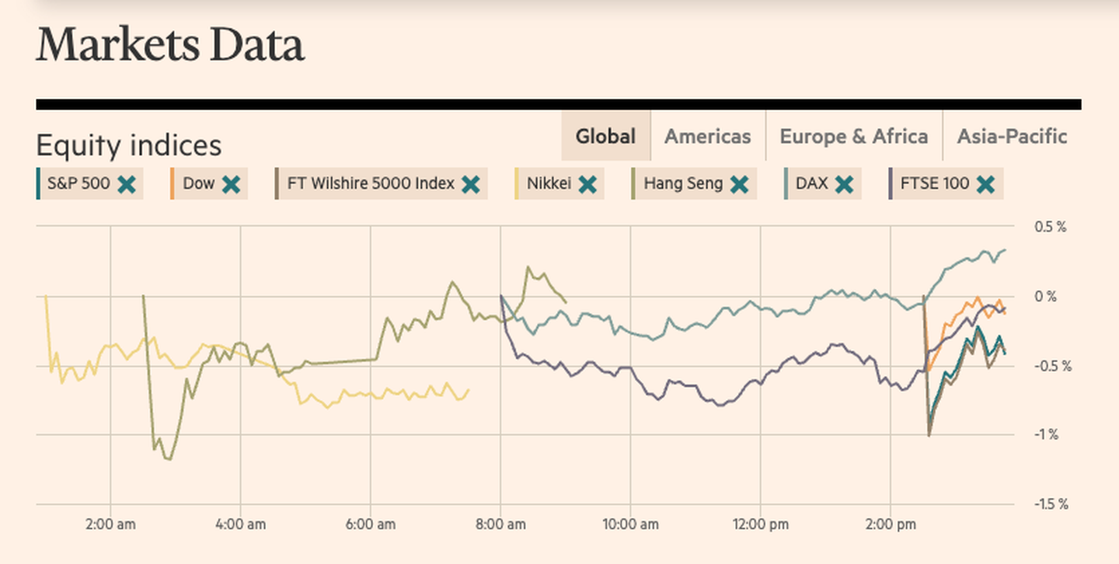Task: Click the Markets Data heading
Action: coord(169,46)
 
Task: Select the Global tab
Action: coord(605,137)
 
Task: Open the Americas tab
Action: coord(707,137)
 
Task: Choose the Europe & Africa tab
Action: coord(853,137)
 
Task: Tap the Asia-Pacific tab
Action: coord(1012,137)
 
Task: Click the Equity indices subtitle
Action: coord(129,145)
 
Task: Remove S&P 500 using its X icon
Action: coord(127,184)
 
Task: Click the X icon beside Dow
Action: coord(231,184)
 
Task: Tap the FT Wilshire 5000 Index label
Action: coord(371,184)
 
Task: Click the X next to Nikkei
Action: coord(587,184)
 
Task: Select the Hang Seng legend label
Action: coord(683,184)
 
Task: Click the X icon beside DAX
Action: coord(844,184)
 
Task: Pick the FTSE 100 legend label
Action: coord(935,184)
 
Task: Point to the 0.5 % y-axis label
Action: coord(1050,227)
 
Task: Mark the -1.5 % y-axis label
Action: coord(1051,504)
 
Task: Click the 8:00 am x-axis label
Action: coord(500,524)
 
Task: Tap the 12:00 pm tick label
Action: coord(760,524)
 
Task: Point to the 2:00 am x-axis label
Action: coord(110,524)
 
